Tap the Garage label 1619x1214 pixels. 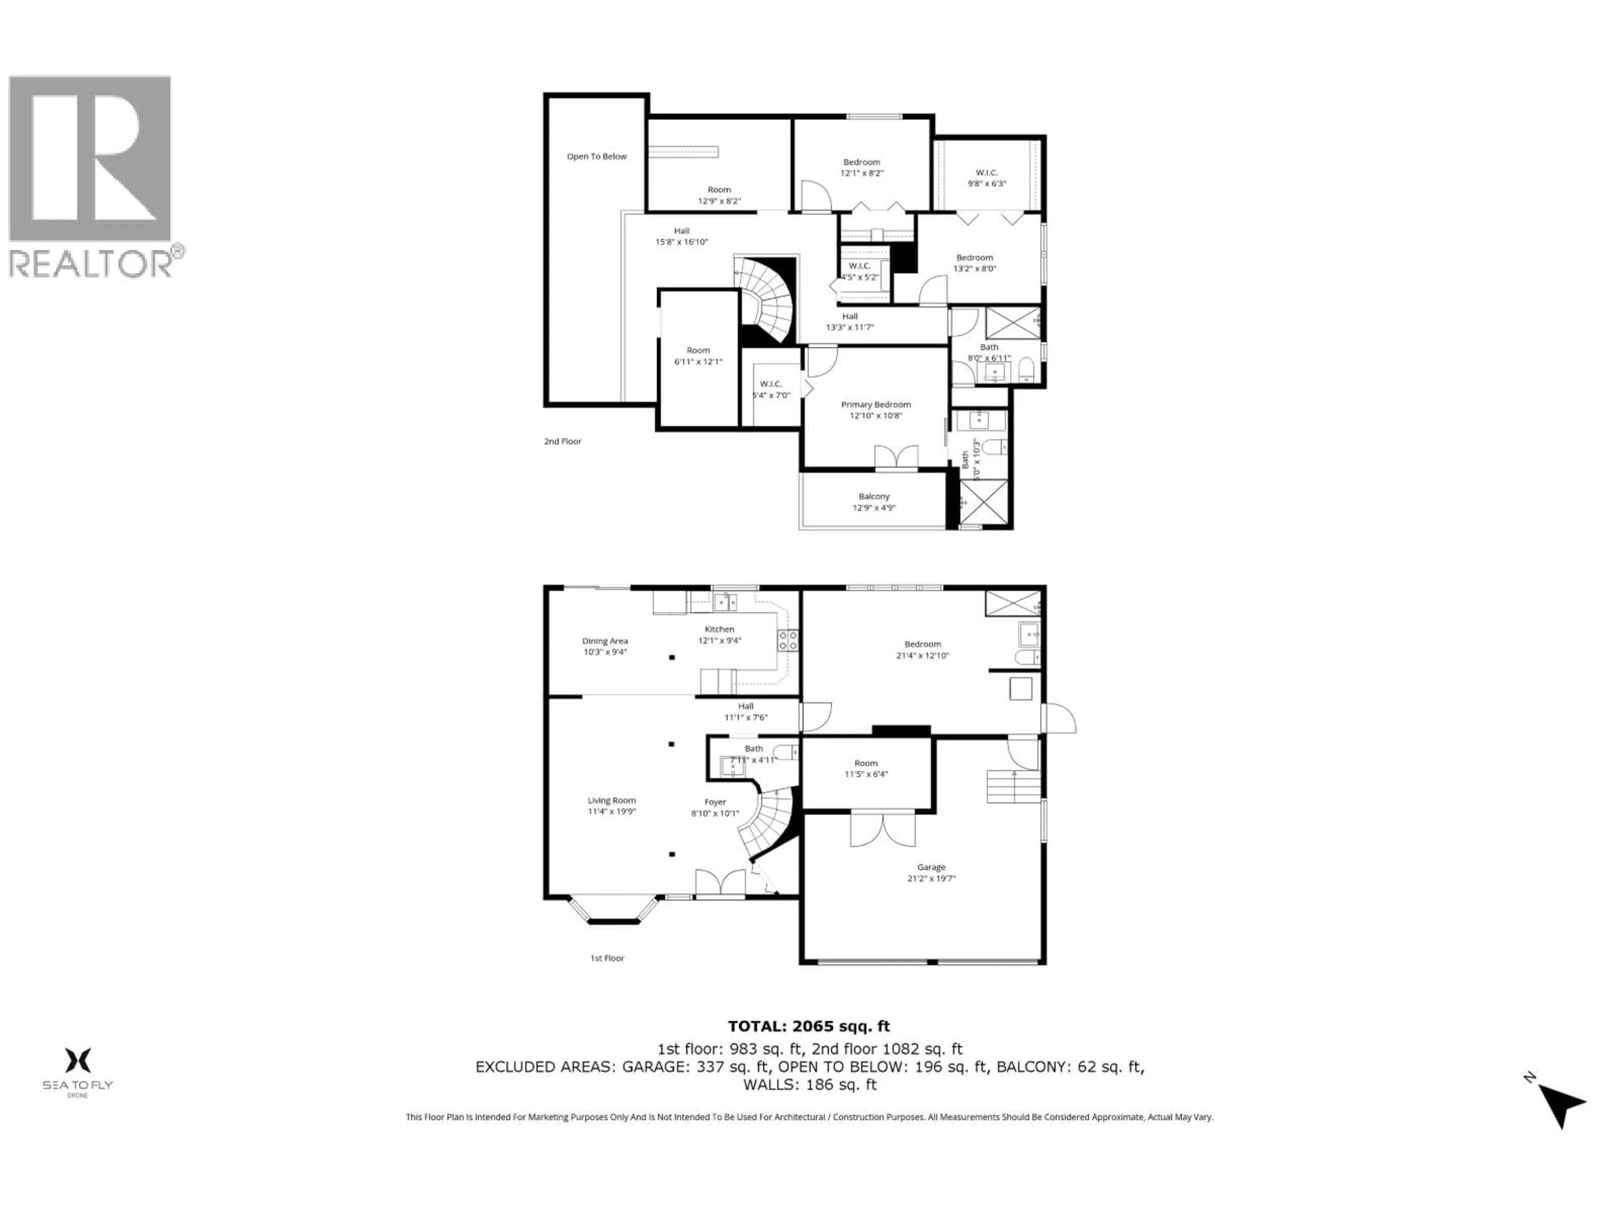931,872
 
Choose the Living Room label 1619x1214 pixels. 612,806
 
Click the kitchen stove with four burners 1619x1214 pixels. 788,641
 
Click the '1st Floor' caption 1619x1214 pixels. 607,958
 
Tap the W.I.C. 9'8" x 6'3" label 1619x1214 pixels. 987,178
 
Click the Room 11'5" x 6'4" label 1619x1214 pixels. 866,768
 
